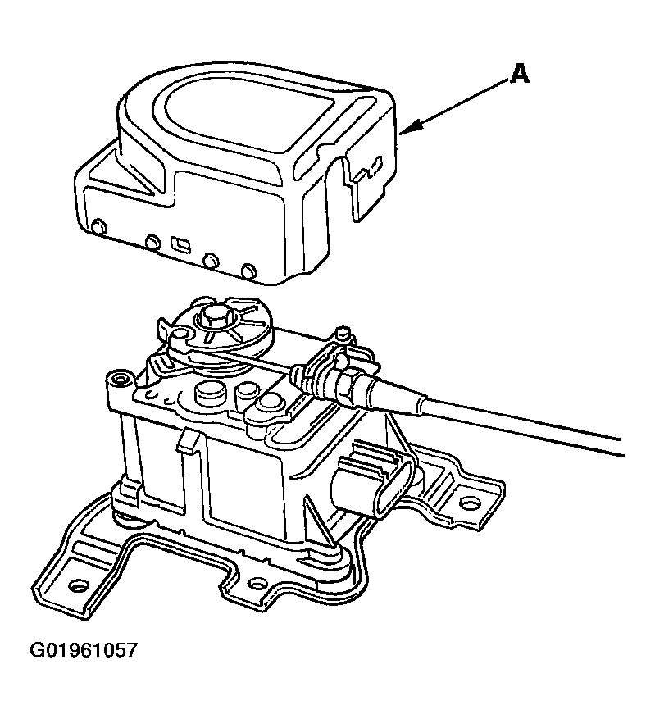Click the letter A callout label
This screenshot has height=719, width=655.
[519, 74]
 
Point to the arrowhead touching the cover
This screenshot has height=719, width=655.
[411, 126]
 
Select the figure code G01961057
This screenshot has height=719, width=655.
[84, 650]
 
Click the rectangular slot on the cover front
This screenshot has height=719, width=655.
[180, 243]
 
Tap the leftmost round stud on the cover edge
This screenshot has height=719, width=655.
[99, 226]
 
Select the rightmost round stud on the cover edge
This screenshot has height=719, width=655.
[249, 271]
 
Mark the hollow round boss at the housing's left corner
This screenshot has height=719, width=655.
[121, 380]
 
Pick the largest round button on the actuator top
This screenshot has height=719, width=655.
[210, 393]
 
